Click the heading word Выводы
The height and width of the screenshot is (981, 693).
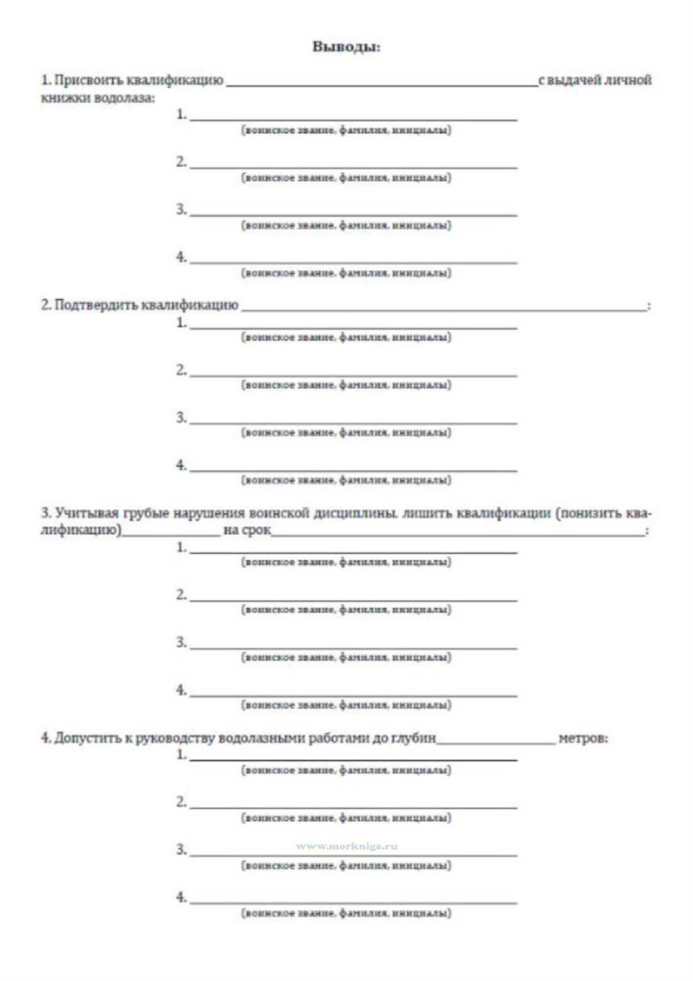coord(346,47)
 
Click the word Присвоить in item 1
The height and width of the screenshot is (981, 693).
coord(89,80)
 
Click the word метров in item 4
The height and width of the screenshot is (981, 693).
coord(582,738)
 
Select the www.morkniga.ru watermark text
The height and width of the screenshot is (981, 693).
coord(347,846)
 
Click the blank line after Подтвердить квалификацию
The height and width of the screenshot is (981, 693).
coord(444,309)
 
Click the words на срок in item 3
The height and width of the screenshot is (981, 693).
coord(247,530)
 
